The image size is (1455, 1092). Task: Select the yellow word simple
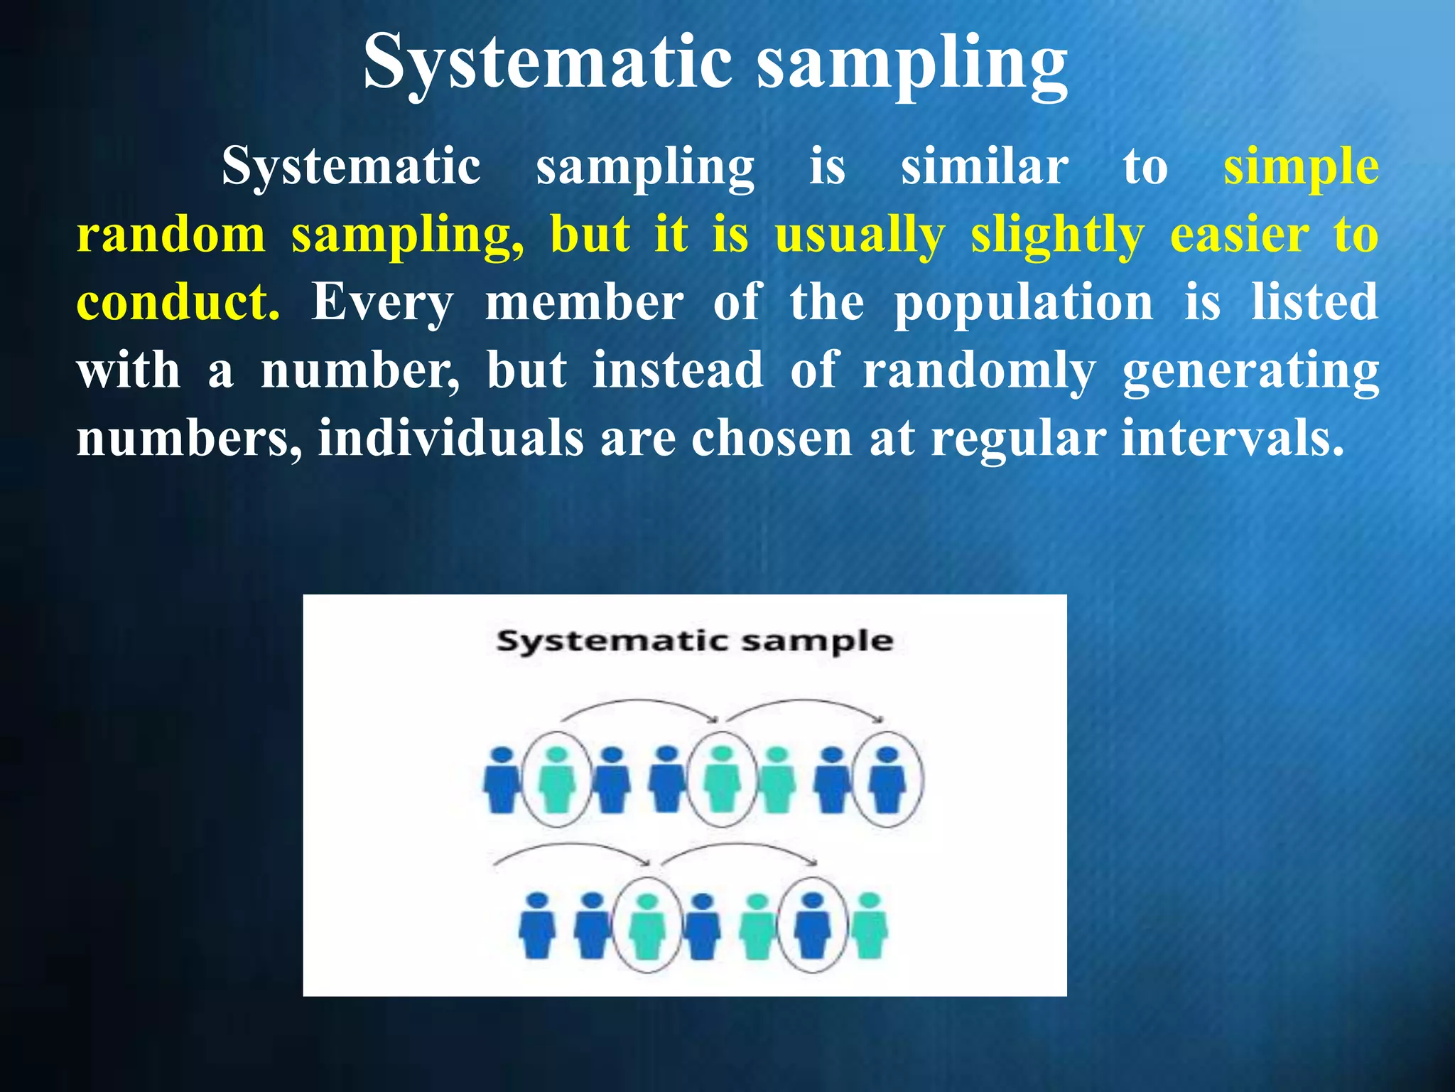click(1301, 168)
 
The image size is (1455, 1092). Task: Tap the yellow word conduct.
click(178, 302)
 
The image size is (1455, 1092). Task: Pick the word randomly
click(979, 372)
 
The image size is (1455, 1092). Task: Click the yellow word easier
click(1239, 235)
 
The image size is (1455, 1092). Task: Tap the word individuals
click(450, 438)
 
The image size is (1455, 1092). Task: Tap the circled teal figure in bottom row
click(647, 926)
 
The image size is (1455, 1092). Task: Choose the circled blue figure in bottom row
click(812, 926)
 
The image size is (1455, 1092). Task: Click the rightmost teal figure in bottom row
click(870, 926)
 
